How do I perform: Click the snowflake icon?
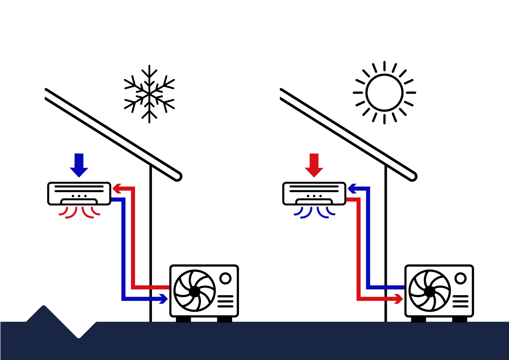point(149,94)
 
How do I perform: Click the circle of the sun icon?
point(384,92)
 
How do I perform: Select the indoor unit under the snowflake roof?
point(79,193)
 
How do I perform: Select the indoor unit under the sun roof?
point(314,193)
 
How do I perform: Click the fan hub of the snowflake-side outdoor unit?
point(194,291)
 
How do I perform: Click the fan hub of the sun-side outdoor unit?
point(430,291)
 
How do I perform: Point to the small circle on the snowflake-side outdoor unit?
point(225,278)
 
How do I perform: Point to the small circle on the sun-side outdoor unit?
point(460,278)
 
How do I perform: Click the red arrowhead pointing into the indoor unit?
point(117,188)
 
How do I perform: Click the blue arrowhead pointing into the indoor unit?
point(352,188)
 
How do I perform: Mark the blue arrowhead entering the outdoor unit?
point(164,299)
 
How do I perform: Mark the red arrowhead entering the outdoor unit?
point(399,299)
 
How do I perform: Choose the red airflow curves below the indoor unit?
point(79,212)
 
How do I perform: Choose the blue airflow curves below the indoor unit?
point(315,212)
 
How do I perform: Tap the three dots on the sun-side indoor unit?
point(314,196)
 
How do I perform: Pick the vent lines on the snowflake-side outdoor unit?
point(225,301)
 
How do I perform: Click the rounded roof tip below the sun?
point(413,176)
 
